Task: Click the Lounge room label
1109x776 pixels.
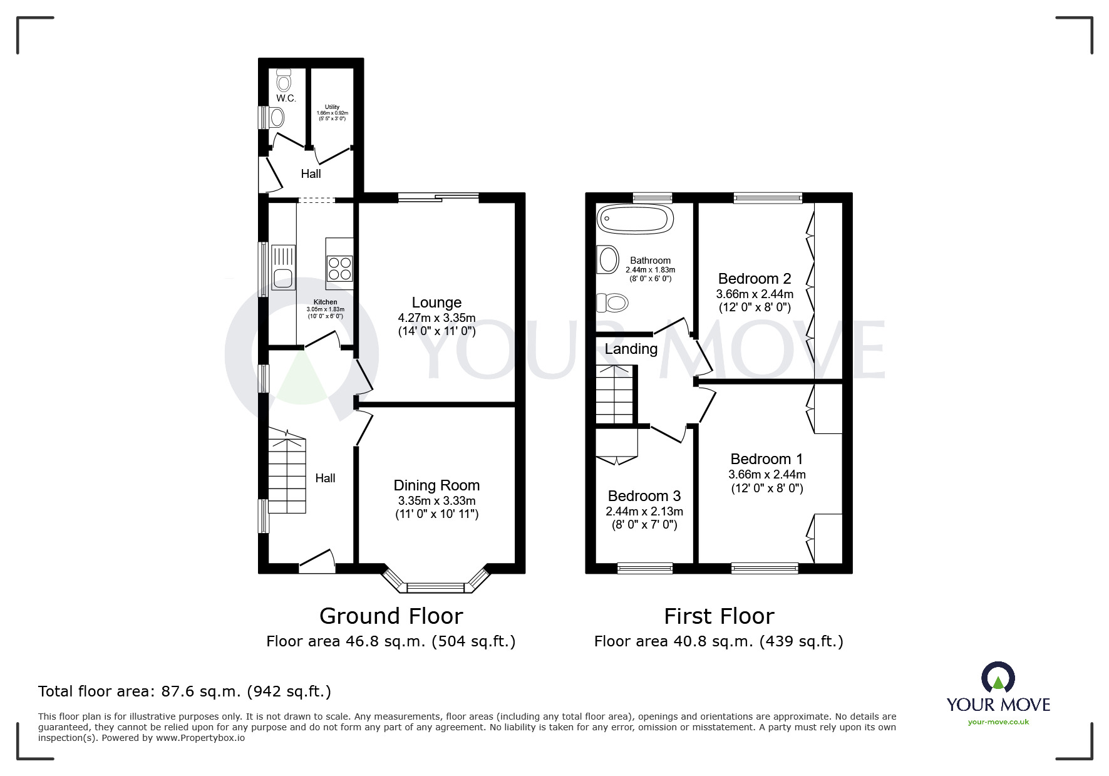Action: tap(436, 303)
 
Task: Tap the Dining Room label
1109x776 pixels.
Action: tap(436, 485)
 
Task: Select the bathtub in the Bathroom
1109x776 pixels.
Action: tap(636, 219)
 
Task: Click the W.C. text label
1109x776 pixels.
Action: tap(286, 98)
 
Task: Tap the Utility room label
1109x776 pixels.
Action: tap(332, 107)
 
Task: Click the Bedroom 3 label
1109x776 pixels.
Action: tap(644, 496)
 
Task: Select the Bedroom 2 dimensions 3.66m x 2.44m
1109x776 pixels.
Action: tap(755, 294)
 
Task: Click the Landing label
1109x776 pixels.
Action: tap(631, 349)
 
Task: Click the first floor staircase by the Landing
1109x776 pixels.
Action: tap(614, 395)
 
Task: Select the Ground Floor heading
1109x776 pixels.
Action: tap(391, 616)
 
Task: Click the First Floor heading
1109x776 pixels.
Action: tap(718, 616)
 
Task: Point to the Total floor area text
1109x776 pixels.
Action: tap(185, 691)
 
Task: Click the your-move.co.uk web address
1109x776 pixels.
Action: tap(998, 722)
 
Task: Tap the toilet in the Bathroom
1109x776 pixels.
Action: tap(612, 304)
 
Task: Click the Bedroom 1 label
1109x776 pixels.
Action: tap(766, 459)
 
